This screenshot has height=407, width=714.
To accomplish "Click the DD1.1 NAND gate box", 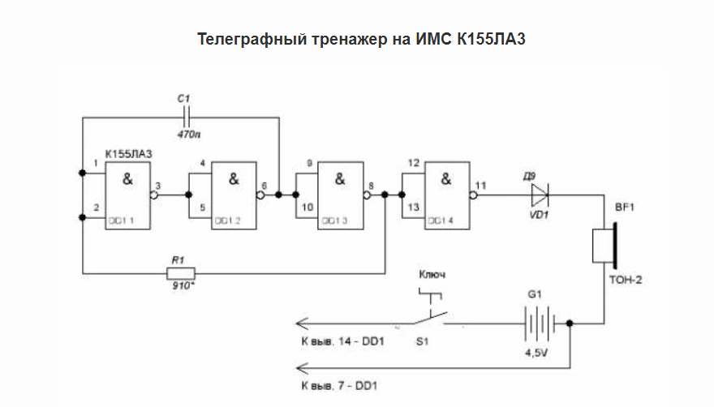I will [x=128, y=195].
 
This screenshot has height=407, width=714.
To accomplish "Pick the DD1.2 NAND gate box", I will [x=234, y=195].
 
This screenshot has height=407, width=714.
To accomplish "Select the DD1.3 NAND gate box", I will [x=339, y=195].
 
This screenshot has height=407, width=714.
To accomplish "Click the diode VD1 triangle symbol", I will [x=539, y=195].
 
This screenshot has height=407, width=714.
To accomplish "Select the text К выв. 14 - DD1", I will [x=342, y=342].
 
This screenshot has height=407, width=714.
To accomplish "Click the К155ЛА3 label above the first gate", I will [x=128, y=154].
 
